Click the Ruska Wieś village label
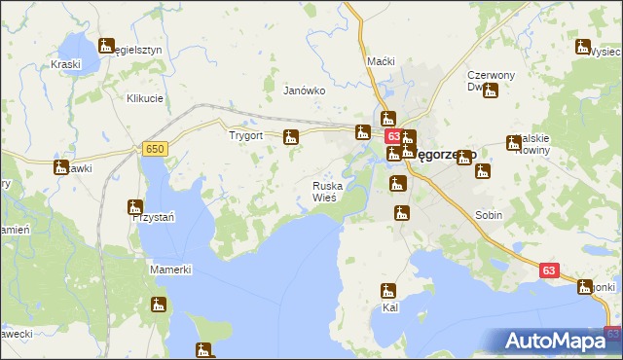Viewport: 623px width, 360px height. pyautogui.click(x=324, y=191)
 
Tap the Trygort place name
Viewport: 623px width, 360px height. pyautogui.click(x=246, y=136)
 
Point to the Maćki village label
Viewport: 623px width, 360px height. pyautogui.click(x=381, y=61)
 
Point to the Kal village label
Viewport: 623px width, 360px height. pyautogui.click(x=390, y=306)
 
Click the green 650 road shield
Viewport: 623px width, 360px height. pyautogui.click(x=154, y=148)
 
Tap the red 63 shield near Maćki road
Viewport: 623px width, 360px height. pyautogui.click(x=391, y=137)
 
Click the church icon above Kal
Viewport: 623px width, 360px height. pyautogui.click(x=388, y=290)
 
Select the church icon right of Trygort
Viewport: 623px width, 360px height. pyautogui.click(x=290, y=137)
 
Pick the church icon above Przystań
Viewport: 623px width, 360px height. pyautogui.click(x=135, y=206)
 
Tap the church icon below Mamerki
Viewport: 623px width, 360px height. pyautogui.click(x=159, y=305)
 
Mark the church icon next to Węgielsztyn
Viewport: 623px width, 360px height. pyautogui.click(x=106, y=46)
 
